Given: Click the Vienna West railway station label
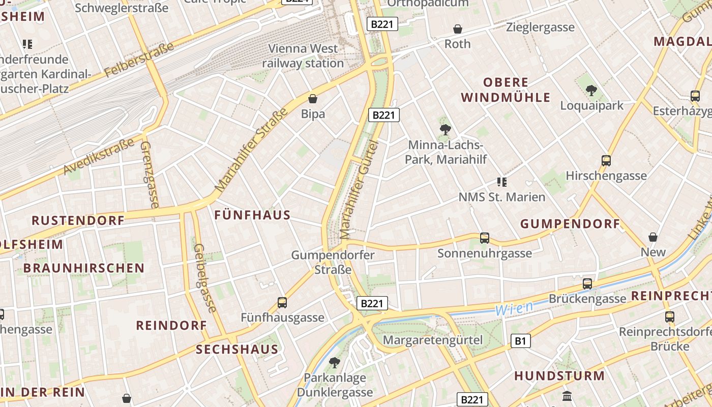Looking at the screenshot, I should click(303, 56).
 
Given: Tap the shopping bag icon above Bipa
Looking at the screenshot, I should click(313, 98).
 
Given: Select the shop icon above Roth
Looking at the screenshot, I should click(458, 29).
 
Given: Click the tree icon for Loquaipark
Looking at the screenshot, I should click(591, 91).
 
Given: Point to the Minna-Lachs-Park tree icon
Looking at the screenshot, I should click(446, 130).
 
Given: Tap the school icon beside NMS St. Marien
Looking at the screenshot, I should click(501, 182).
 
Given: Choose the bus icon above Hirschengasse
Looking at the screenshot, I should click(606, 161).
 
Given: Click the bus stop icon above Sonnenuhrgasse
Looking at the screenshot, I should click(484, 238).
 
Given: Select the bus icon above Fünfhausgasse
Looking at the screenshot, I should click(282, 303).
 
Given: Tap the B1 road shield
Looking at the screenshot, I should click(520, 341).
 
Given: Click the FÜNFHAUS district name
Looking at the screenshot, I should click(252, 215).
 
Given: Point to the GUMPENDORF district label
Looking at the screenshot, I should click(570, 224).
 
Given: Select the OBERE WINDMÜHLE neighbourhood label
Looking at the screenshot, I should click(506, 90).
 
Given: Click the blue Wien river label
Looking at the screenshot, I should click(514, 308).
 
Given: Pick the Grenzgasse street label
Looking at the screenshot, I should click(149, 174).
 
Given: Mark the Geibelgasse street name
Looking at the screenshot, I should click(205, 277).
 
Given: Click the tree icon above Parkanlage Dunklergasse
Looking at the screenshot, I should click(335, 363).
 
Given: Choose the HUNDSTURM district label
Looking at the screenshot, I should click(559, 376).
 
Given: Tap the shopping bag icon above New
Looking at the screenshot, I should click(653, 237).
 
